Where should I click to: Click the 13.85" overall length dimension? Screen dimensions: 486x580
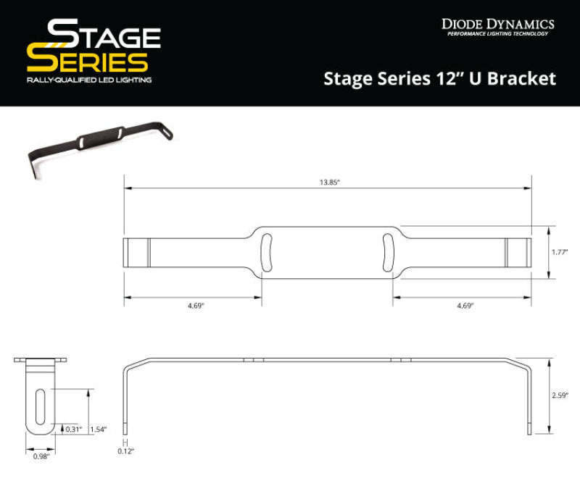[328, 183]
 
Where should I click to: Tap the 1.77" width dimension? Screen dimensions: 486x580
[558, 252]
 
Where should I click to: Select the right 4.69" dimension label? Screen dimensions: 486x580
[465, 306]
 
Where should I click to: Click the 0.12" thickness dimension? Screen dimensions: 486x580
[126, 451]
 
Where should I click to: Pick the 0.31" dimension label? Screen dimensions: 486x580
[73, 430]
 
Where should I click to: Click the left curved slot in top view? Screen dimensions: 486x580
[267, 253]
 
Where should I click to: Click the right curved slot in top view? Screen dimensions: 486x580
[388, 253]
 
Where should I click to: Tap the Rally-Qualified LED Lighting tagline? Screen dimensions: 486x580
[88, 80]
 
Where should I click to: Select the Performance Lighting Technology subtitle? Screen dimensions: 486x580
[497, 34]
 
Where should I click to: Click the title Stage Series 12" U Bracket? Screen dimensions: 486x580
[439, 78]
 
